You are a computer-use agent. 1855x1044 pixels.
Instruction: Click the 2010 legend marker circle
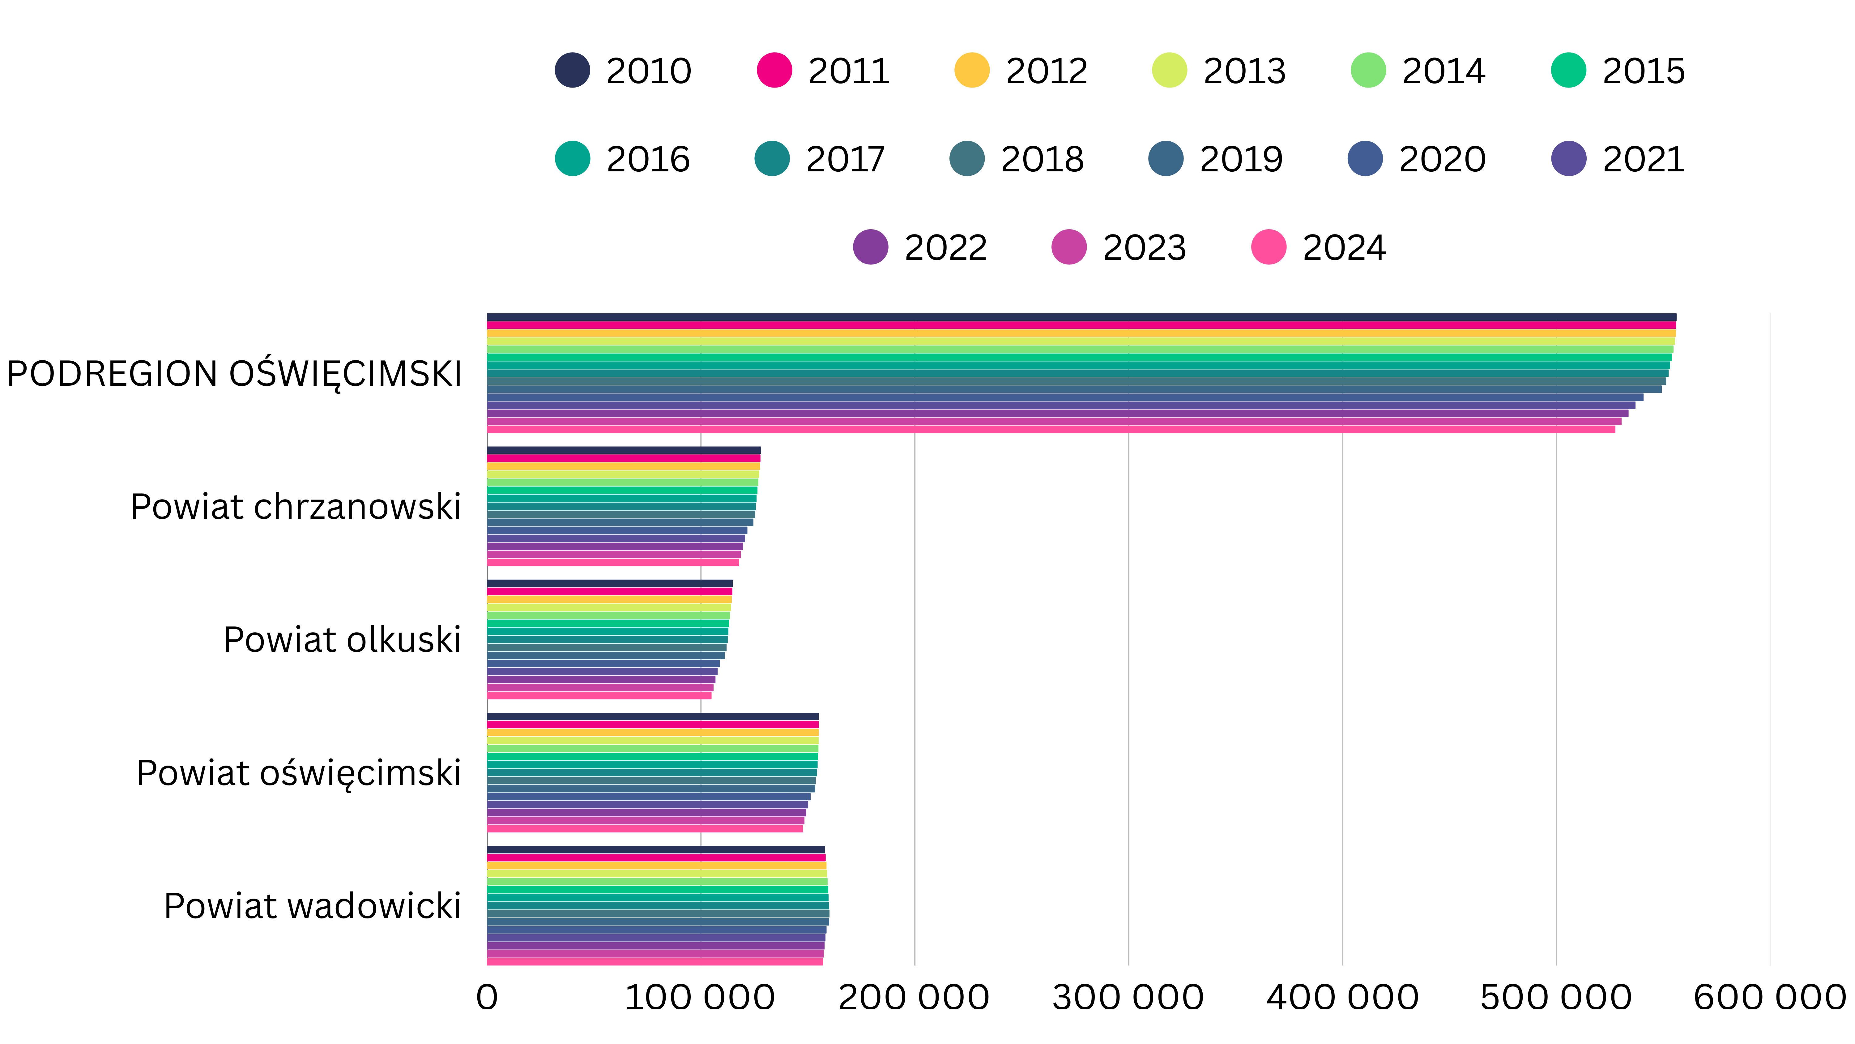(x=573, y=71)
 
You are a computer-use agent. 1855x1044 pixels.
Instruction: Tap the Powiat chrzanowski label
(x=295, y=506)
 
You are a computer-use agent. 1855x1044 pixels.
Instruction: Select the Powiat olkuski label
(x=341, y=640)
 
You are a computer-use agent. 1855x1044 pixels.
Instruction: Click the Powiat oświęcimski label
(x=298, y=773)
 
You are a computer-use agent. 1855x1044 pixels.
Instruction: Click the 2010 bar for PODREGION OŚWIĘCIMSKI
(x=1080, y=317)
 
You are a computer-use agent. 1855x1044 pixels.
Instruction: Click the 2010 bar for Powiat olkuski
(x=609, y=583)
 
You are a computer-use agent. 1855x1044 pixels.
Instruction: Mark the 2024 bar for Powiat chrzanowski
(x=612, y=562)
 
